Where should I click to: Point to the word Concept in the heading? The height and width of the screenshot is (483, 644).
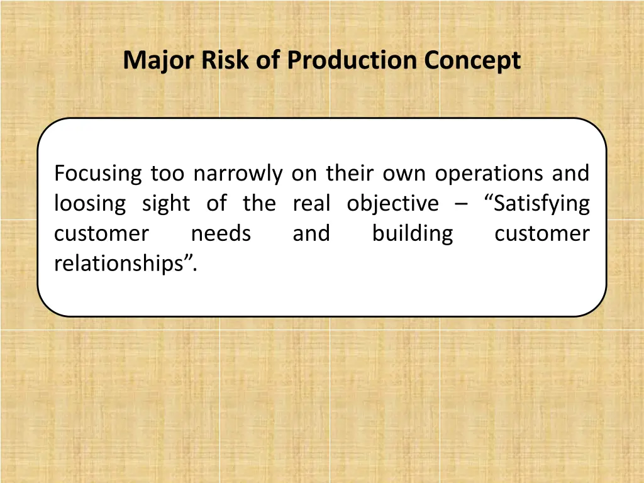point(472,61)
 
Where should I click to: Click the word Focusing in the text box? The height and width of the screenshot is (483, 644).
point(97,174)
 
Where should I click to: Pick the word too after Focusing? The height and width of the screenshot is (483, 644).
point(167,174)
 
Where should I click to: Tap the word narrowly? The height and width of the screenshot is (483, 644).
point(238,174)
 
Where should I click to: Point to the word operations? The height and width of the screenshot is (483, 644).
point(491,174)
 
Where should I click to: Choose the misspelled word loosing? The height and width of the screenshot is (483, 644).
point(89,204)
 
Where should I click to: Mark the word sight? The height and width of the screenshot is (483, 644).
point(165,204)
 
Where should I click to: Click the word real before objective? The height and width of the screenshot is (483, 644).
point(311,203)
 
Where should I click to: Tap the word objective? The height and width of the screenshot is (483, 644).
point(392,204)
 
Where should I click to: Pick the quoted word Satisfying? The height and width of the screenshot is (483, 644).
point(538,204)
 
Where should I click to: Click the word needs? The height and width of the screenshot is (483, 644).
point(221,234)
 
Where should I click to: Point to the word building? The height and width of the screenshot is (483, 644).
point(412,234)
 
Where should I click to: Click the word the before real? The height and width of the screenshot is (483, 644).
point(259,203)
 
